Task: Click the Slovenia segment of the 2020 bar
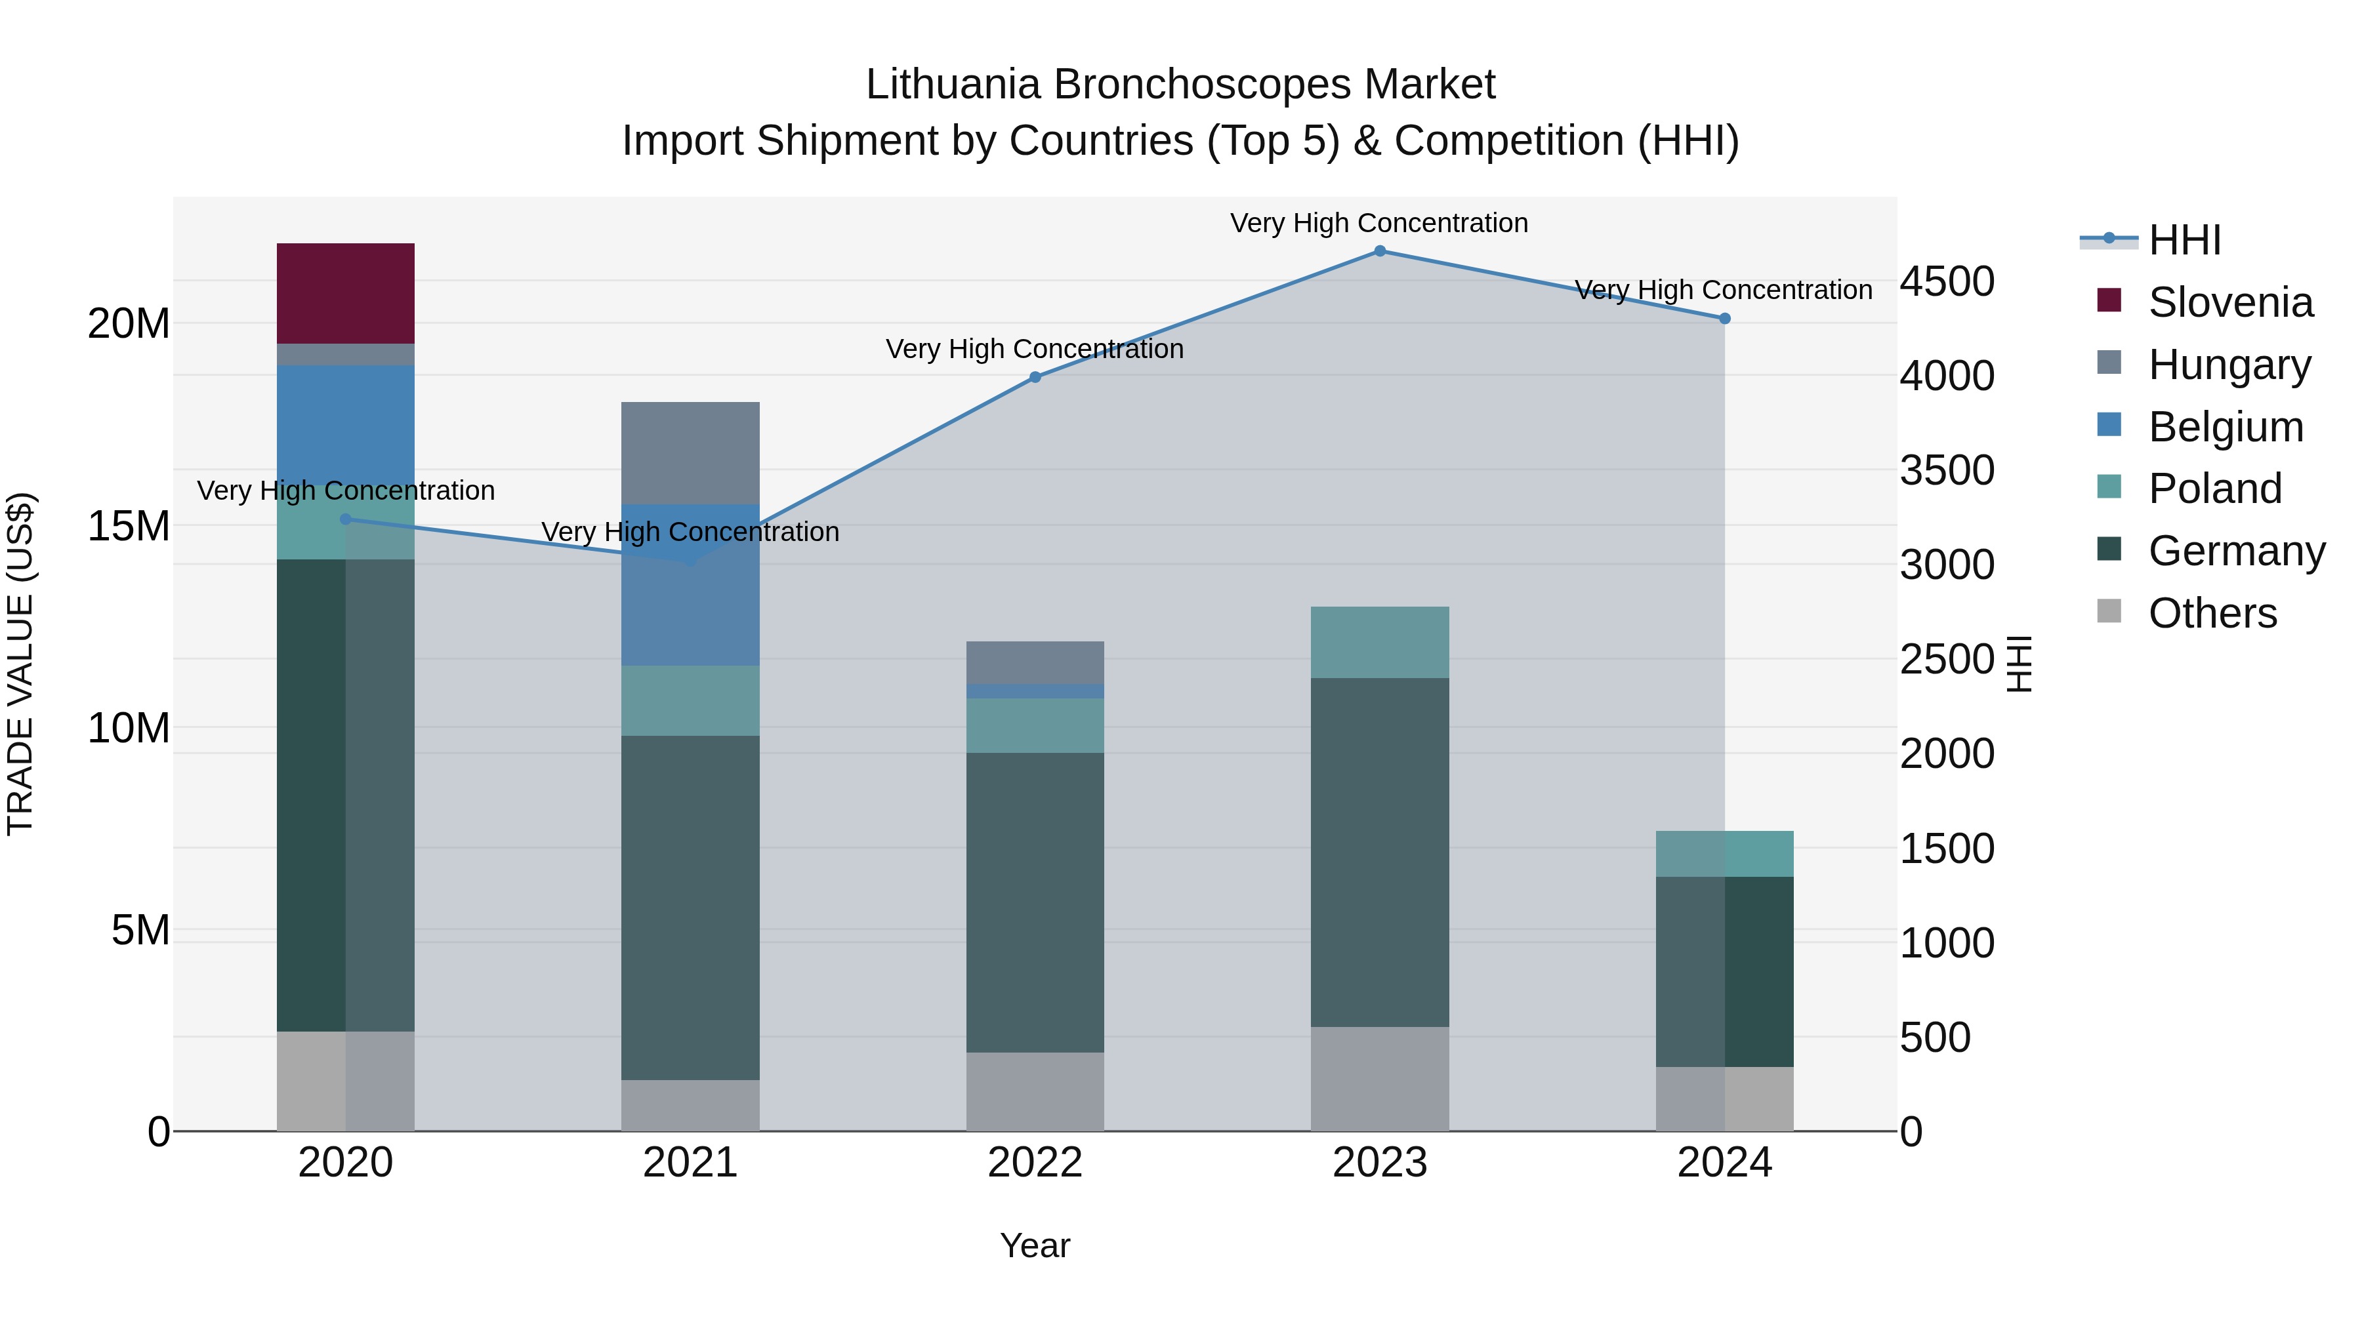346,293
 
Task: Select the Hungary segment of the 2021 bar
690,453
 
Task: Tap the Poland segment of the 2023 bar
1380,641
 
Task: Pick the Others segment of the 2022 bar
1035,1091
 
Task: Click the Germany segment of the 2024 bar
1725,971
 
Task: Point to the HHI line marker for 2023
1380,251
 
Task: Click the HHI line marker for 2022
1035,376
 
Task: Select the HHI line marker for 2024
1725,318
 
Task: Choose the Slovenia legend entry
2230,302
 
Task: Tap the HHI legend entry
2184,240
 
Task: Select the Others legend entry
2212,613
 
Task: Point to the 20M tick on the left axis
129,323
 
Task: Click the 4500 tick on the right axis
1947,281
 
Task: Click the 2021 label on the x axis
690,1163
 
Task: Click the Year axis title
1035,1245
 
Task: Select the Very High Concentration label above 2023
1379,223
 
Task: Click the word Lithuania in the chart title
953,85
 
